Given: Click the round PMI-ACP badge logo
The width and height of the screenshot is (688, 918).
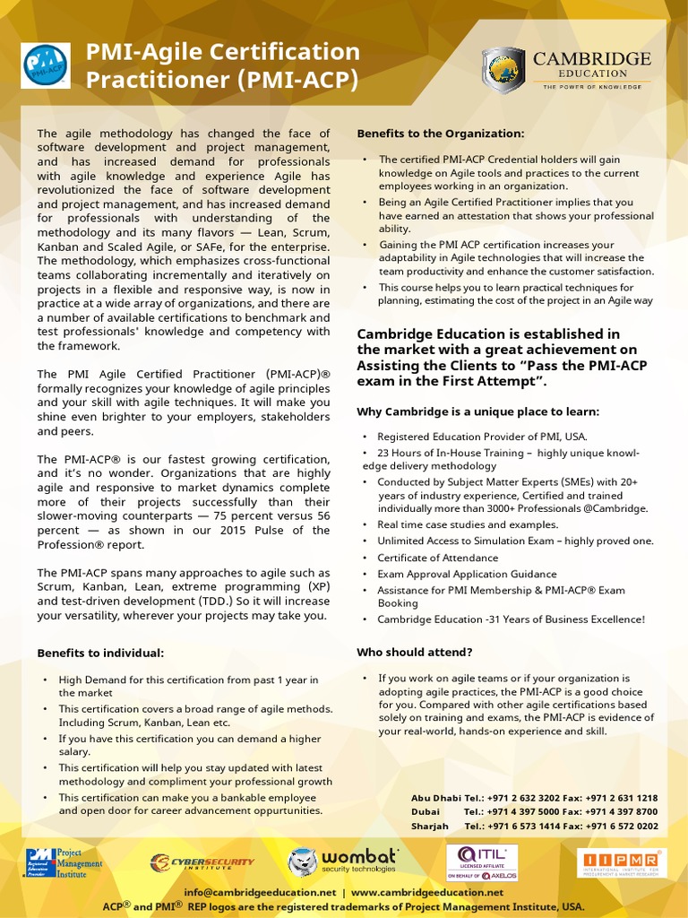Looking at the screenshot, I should click(x=46, y=65).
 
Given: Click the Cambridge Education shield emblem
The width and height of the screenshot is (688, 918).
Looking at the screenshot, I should click(x=503, y=70).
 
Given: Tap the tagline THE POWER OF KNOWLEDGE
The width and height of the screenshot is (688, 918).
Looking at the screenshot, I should click(x=591, y=87).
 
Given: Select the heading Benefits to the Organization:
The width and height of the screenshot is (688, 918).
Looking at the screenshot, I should click(x=440, y=134).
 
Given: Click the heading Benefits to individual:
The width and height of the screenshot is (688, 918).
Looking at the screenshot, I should click(x=100, y=653).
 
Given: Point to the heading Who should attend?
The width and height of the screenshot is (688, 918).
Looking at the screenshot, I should click(x=415, y=652).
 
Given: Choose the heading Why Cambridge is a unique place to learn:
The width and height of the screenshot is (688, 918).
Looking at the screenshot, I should click(x=477, y=411).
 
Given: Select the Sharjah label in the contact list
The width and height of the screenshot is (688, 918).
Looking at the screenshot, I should click(x=429, y=827).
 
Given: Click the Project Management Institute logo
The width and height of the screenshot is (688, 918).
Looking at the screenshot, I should click(x=64, y=863).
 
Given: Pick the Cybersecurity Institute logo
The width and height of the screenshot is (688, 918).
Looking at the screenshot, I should click(x=202, y=862).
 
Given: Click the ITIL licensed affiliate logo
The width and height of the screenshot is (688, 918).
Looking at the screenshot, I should click(x=482, y=862).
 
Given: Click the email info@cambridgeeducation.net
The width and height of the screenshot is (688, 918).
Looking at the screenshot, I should click(x=260, y=893).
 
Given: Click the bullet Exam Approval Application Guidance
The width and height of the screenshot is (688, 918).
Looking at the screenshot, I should click(x=467, y=574).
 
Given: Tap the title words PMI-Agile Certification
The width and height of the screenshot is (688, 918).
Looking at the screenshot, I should click(x=222, y=52).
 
